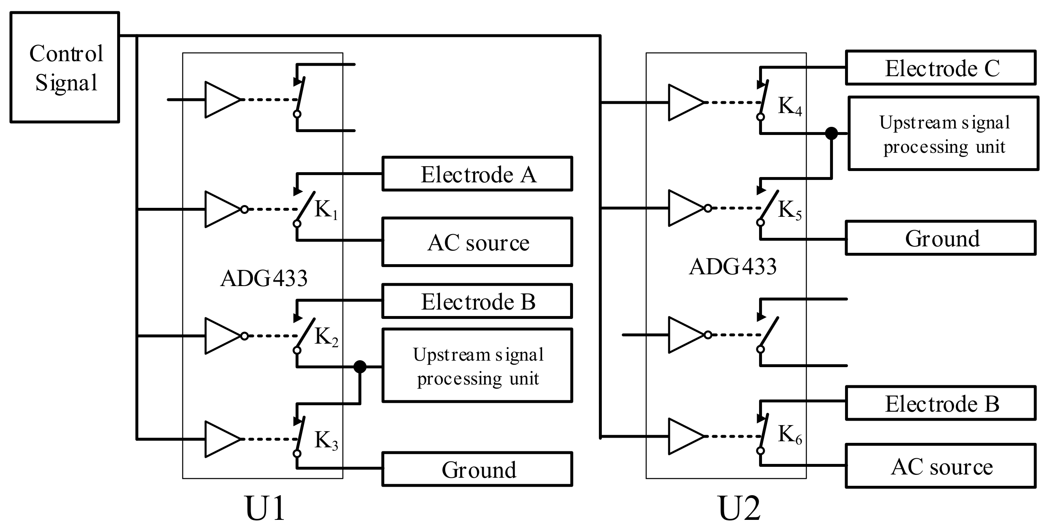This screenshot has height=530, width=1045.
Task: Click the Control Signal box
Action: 64,67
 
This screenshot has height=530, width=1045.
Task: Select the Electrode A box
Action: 477,174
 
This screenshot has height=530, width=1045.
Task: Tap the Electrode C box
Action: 940,68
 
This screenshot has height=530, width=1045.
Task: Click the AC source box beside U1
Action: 477,242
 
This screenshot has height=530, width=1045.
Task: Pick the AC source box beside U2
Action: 940,466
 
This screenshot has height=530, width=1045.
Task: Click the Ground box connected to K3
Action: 477,469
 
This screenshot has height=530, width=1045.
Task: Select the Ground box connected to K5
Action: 940,238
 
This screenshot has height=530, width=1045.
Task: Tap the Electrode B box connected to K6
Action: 940,404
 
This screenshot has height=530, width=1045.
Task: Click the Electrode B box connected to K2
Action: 477,301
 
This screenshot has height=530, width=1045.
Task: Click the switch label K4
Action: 790,106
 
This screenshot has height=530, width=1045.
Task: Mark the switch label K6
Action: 790,435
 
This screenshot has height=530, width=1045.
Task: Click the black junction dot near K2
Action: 360,367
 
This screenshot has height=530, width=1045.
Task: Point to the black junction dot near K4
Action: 831,133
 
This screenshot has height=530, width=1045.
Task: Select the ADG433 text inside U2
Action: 732,267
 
